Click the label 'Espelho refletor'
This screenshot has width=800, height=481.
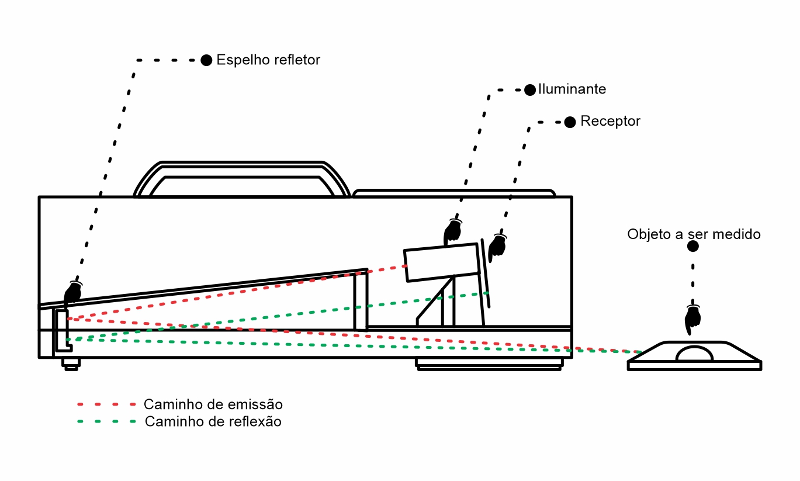point(268,60)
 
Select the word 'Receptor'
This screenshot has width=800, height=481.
point(610,122)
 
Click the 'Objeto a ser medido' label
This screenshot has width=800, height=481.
point(694,234)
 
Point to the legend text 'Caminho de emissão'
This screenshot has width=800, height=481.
point(213,404)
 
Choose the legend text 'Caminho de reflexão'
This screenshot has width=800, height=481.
point(213,421)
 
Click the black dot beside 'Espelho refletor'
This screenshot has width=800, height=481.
point(206,60)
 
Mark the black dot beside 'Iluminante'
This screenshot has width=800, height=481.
point(530,89)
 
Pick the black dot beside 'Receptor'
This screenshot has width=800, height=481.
point(570,122)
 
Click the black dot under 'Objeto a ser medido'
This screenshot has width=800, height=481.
point(692,247)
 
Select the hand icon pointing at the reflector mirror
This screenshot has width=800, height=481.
point(72,292)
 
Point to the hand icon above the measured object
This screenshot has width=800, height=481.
point(693,319)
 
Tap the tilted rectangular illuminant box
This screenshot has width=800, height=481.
point(442,262)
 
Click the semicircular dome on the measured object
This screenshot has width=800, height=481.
point(695,354)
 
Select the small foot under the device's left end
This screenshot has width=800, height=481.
point(71,364)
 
